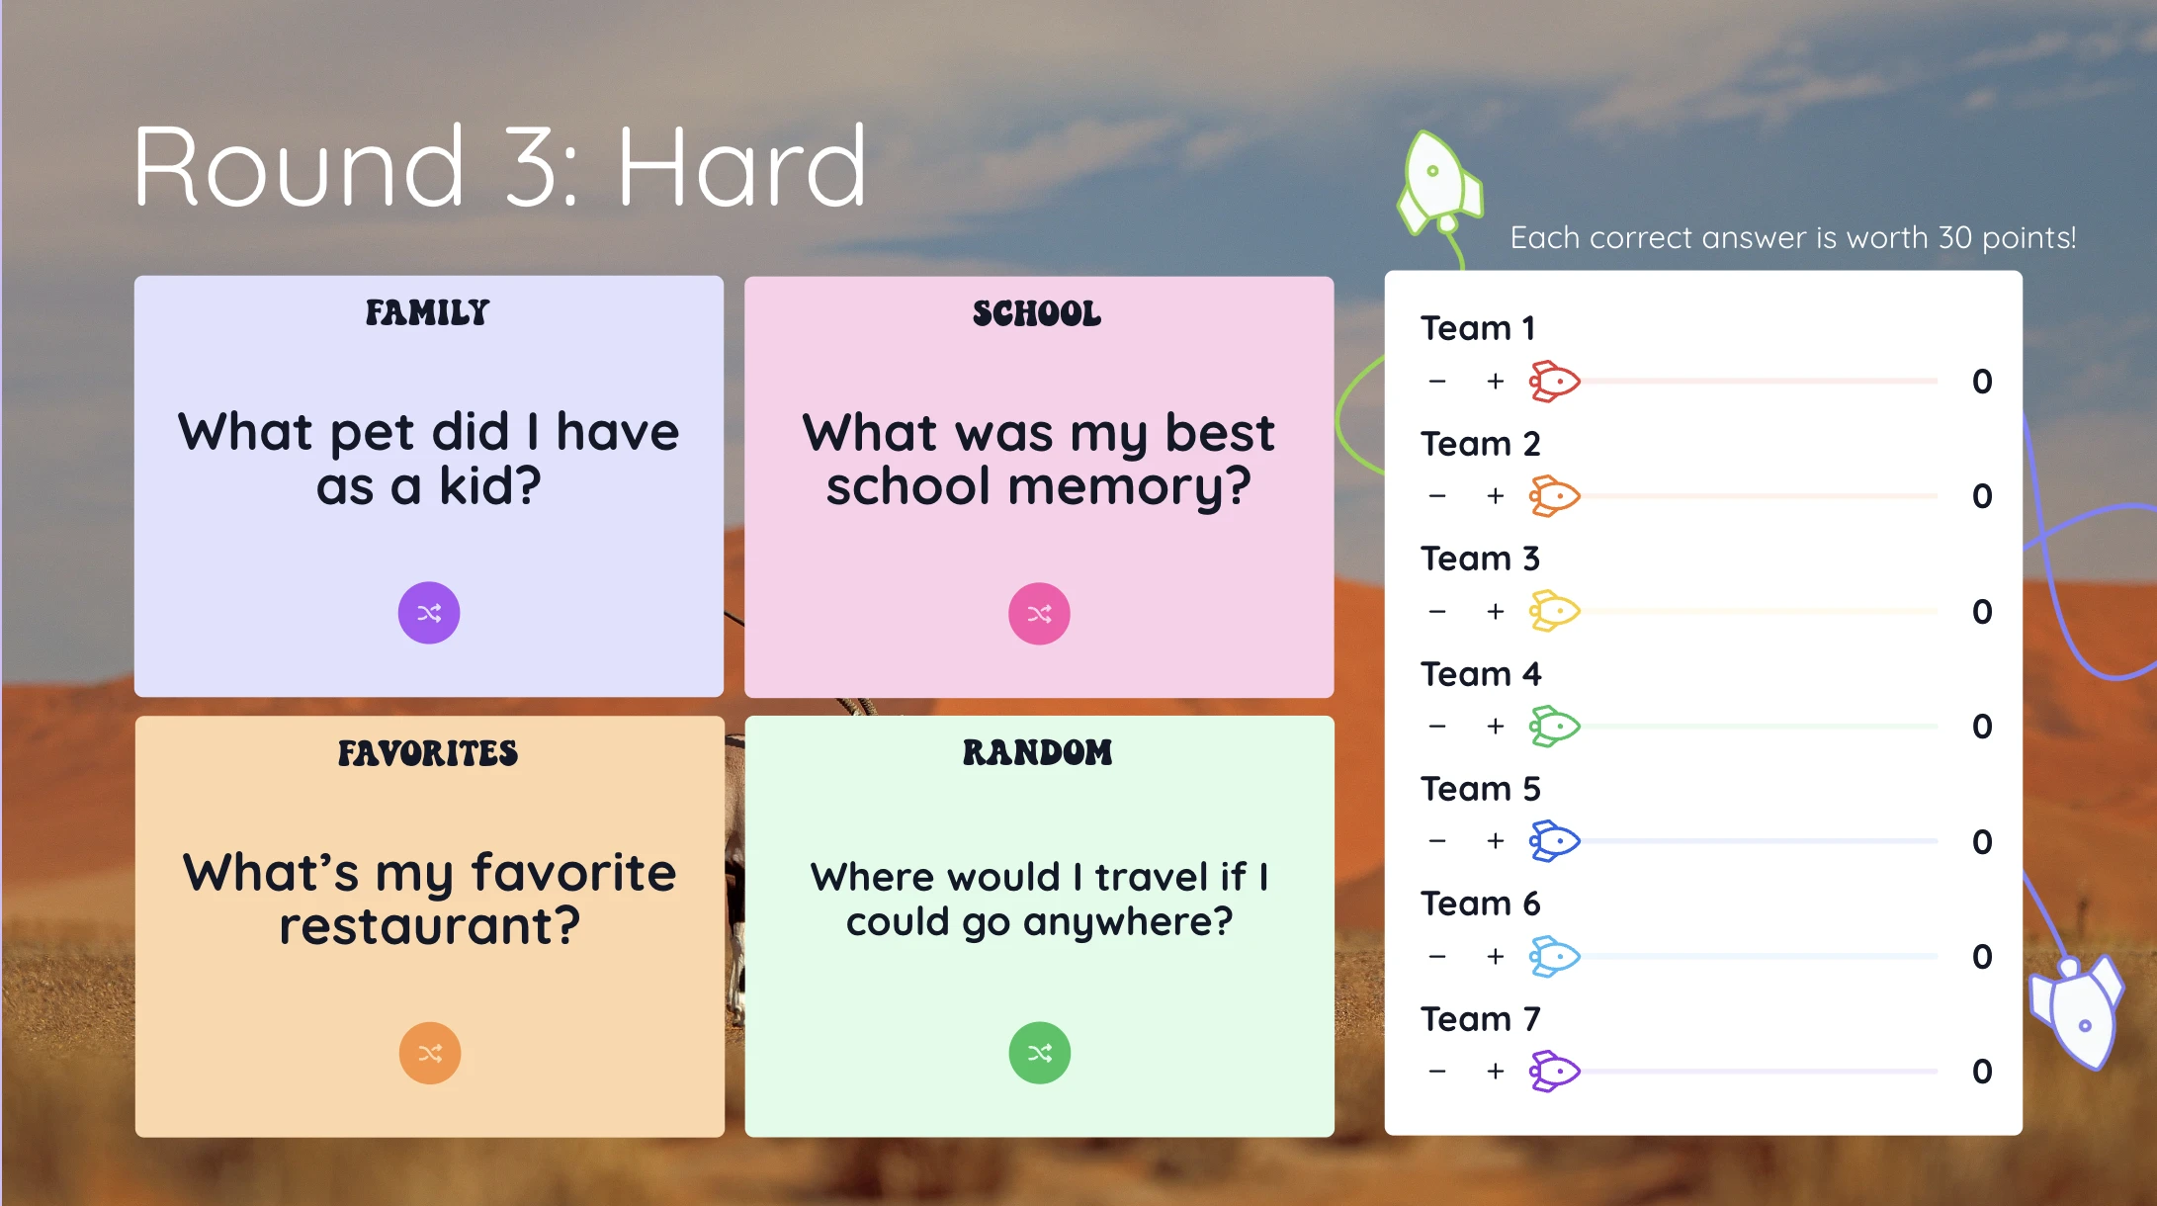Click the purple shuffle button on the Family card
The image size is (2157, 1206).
[429, 613]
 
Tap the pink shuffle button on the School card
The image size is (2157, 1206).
[1039, 614]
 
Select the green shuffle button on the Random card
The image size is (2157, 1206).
[1039, 1053]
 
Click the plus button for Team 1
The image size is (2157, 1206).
[1496, 381]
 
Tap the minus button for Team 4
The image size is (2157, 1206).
[1437, 727]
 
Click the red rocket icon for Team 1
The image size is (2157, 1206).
[1555, 381]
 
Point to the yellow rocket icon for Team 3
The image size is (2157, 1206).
[1555, 611]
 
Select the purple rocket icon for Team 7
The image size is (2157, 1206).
[1555, 1071]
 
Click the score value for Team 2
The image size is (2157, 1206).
[1982, 495]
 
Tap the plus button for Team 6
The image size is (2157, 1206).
[1496, 956]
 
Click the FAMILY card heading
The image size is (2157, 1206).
[427, 312]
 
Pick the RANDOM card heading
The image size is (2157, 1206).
[1038, 752]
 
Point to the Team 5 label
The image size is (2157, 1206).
[1481, 789]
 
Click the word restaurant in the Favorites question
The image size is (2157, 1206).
[429, 926]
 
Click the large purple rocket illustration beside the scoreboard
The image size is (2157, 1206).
[2076, 1011]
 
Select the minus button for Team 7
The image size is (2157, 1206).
[1437, 1071]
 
